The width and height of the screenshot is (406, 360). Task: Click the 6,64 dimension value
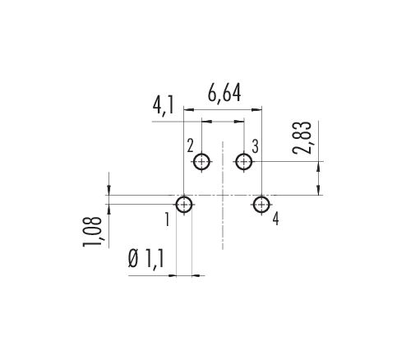tap(224, 94)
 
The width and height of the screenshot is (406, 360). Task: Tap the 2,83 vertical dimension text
tap(302, 137)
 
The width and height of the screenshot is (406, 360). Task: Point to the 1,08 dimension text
tap(93, 232)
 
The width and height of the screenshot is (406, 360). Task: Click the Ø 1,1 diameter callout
tap(146, 260)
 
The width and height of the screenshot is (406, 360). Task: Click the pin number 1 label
tap(167, 219)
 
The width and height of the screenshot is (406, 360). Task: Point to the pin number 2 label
tap(190, 145)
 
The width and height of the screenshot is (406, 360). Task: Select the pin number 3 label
tap(255, 146)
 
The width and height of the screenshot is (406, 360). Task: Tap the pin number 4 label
tap(275, 219)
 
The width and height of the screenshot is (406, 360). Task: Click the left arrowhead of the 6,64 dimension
tap(189, 110)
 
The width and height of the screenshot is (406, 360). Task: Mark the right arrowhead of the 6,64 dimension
tap(256, 110)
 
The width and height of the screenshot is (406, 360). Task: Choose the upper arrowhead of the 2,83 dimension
tap(319, 167)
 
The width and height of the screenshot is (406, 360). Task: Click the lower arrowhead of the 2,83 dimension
tap(319, 190)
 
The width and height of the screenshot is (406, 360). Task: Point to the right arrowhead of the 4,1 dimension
tap(239, 121)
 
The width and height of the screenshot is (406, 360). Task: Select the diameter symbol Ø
tap(133, 260)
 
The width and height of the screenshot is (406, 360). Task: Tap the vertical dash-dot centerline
tap(223, 196)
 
